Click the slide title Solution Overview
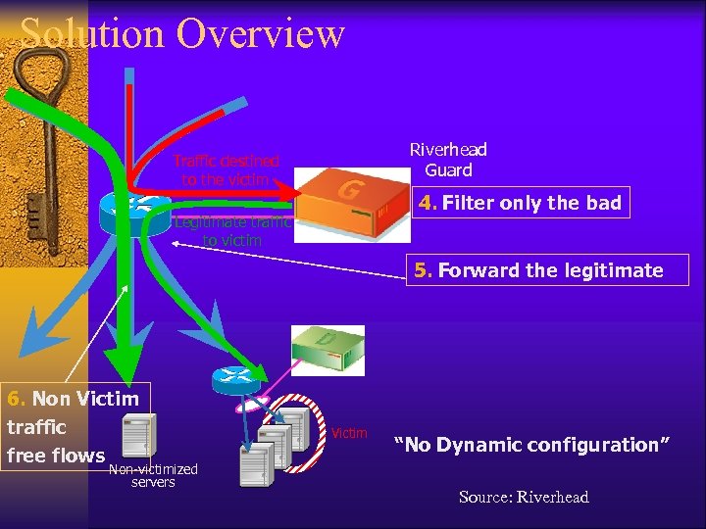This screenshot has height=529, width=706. click(x=182, y=32)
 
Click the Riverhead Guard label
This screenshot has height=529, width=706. click(x=448, y=160)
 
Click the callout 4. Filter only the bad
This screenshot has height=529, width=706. click(x=519, y=204)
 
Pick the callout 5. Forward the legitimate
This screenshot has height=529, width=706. click(x=538, y=270)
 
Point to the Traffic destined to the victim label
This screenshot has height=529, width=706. click(x=227, y=169)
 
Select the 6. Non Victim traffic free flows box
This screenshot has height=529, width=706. click(x=74, y=426)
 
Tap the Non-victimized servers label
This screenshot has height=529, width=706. click(x=153, y=475)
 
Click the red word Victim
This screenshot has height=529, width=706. click(x=350, y=433)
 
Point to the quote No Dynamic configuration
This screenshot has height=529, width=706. click(x=532, y=445)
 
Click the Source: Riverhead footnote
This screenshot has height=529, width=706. click(x=524, y=498)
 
